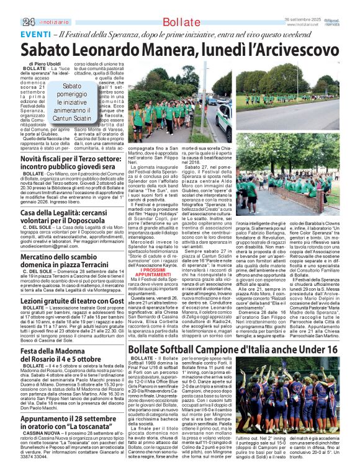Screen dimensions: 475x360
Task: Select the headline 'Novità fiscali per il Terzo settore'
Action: pyautogui.click(x=73, y=163)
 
